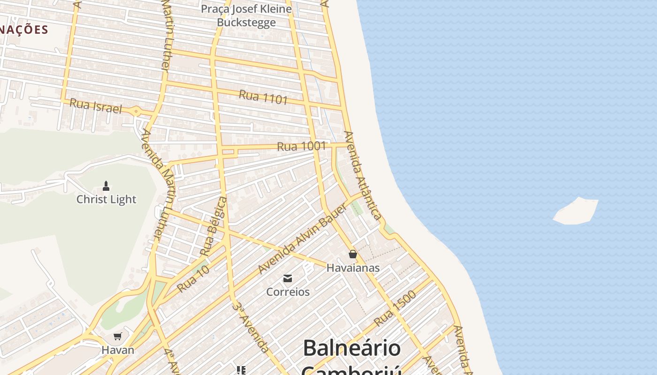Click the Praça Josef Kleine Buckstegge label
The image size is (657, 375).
pos(246,15)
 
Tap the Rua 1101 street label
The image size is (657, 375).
pos(263,97)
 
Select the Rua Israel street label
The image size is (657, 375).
pos(95,106)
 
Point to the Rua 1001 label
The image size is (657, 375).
pos(301,146)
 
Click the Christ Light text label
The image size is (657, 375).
pos(106,199)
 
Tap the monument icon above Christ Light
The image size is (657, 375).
pos(106,186)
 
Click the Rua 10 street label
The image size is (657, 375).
pos(193,278)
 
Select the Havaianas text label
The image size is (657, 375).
pos(353,268)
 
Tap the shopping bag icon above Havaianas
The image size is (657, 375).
pos(353,254)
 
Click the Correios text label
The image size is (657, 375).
pos(288,292)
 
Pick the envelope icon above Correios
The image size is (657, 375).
pos(288,278)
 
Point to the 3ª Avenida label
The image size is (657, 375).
pos(251,327)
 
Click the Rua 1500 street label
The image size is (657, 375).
pos(395,308)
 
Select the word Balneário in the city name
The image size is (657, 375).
pos(351,348)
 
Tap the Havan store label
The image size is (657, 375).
pos(118,350)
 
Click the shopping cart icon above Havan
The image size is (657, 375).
pos(118,336)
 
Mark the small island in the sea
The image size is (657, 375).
pos(576,211)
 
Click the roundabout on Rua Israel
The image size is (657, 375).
pos(136,112)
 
